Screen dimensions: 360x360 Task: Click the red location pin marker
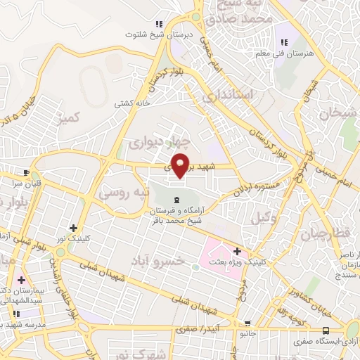[181, 165]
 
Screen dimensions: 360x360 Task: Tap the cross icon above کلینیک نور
[74, 228]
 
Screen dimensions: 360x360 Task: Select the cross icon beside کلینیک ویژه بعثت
[237, 251]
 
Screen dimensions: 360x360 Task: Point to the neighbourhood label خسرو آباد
[161, 261]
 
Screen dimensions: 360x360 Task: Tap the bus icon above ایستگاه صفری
[325, 330]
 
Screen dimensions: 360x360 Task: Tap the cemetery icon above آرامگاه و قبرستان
[176, 202]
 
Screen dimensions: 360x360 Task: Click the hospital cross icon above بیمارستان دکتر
[21, 281]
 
